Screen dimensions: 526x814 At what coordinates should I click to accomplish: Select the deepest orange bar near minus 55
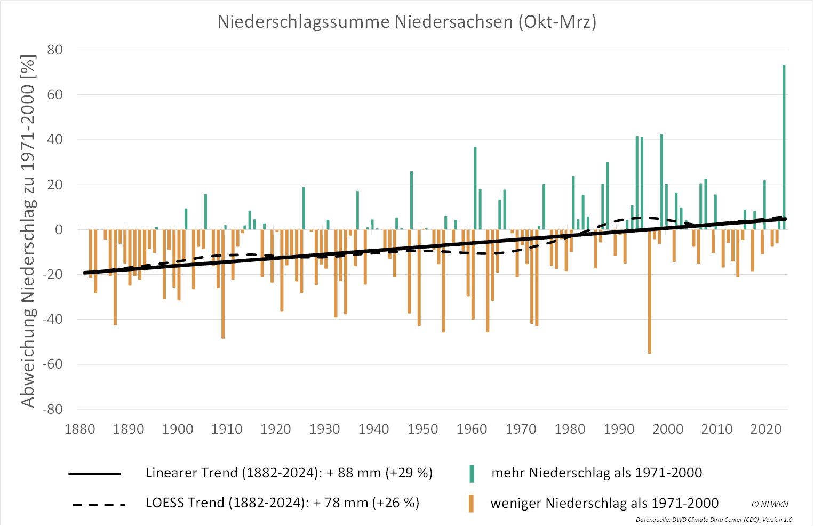pos(649,291)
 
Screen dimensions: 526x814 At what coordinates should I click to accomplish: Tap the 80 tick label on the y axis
pos(55,50)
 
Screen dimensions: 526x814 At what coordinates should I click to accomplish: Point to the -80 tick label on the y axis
pos(53,410)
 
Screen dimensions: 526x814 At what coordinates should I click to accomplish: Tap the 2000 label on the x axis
pos(668,429)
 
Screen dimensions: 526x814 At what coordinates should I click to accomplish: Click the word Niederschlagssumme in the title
pos(303,22)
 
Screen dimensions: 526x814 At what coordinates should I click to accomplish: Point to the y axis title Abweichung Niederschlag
pos(28,230)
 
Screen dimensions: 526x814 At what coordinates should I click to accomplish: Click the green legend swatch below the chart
pos(472,473)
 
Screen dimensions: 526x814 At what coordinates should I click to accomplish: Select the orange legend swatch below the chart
pos(472,504)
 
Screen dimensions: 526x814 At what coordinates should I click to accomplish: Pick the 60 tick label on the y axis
pos(55,95)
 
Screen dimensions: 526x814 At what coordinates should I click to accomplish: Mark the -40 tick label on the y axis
pos(53,320)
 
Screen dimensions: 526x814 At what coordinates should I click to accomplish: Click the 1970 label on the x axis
pos(521,429)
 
